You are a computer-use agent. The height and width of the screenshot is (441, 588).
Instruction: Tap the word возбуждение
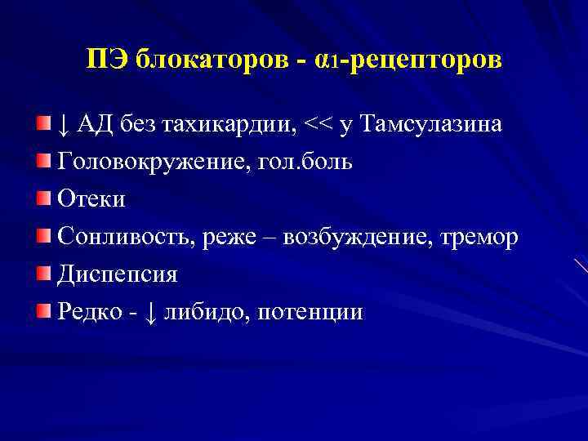(365, 237)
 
